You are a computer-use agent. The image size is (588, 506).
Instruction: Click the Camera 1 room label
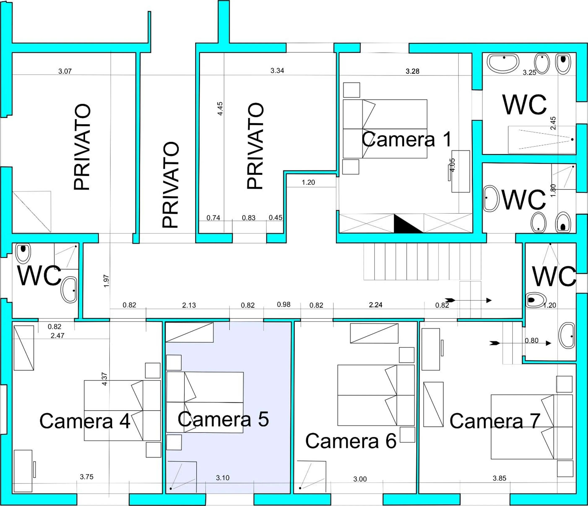406,139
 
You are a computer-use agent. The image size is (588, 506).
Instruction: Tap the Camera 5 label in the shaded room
223,419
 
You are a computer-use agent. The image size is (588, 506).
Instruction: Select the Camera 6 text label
351,441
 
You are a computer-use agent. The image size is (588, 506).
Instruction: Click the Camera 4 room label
85,421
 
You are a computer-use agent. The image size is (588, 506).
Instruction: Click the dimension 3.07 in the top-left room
65,71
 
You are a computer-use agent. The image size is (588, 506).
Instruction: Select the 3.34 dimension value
277,71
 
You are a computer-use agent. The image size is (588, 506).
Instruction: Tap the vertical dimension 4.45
220,109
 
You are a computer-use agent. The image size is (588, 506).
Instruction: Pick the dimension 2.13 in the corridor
189,305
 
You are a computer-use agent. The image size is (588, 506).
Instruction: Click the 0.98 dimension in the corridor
284,304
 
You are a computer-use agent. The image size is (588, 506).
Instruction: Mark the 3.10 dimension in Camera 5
222,478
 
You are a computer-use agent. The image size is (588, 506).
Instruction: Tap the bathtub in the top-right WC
503,63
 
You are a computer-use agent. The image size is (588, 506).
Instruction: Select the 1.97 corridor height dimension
106,281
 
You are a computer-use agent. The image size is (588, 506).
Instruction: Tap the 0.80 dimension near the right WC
532,341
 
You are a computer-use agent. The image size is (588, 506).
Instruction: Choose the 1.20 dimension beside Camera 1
308,182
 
